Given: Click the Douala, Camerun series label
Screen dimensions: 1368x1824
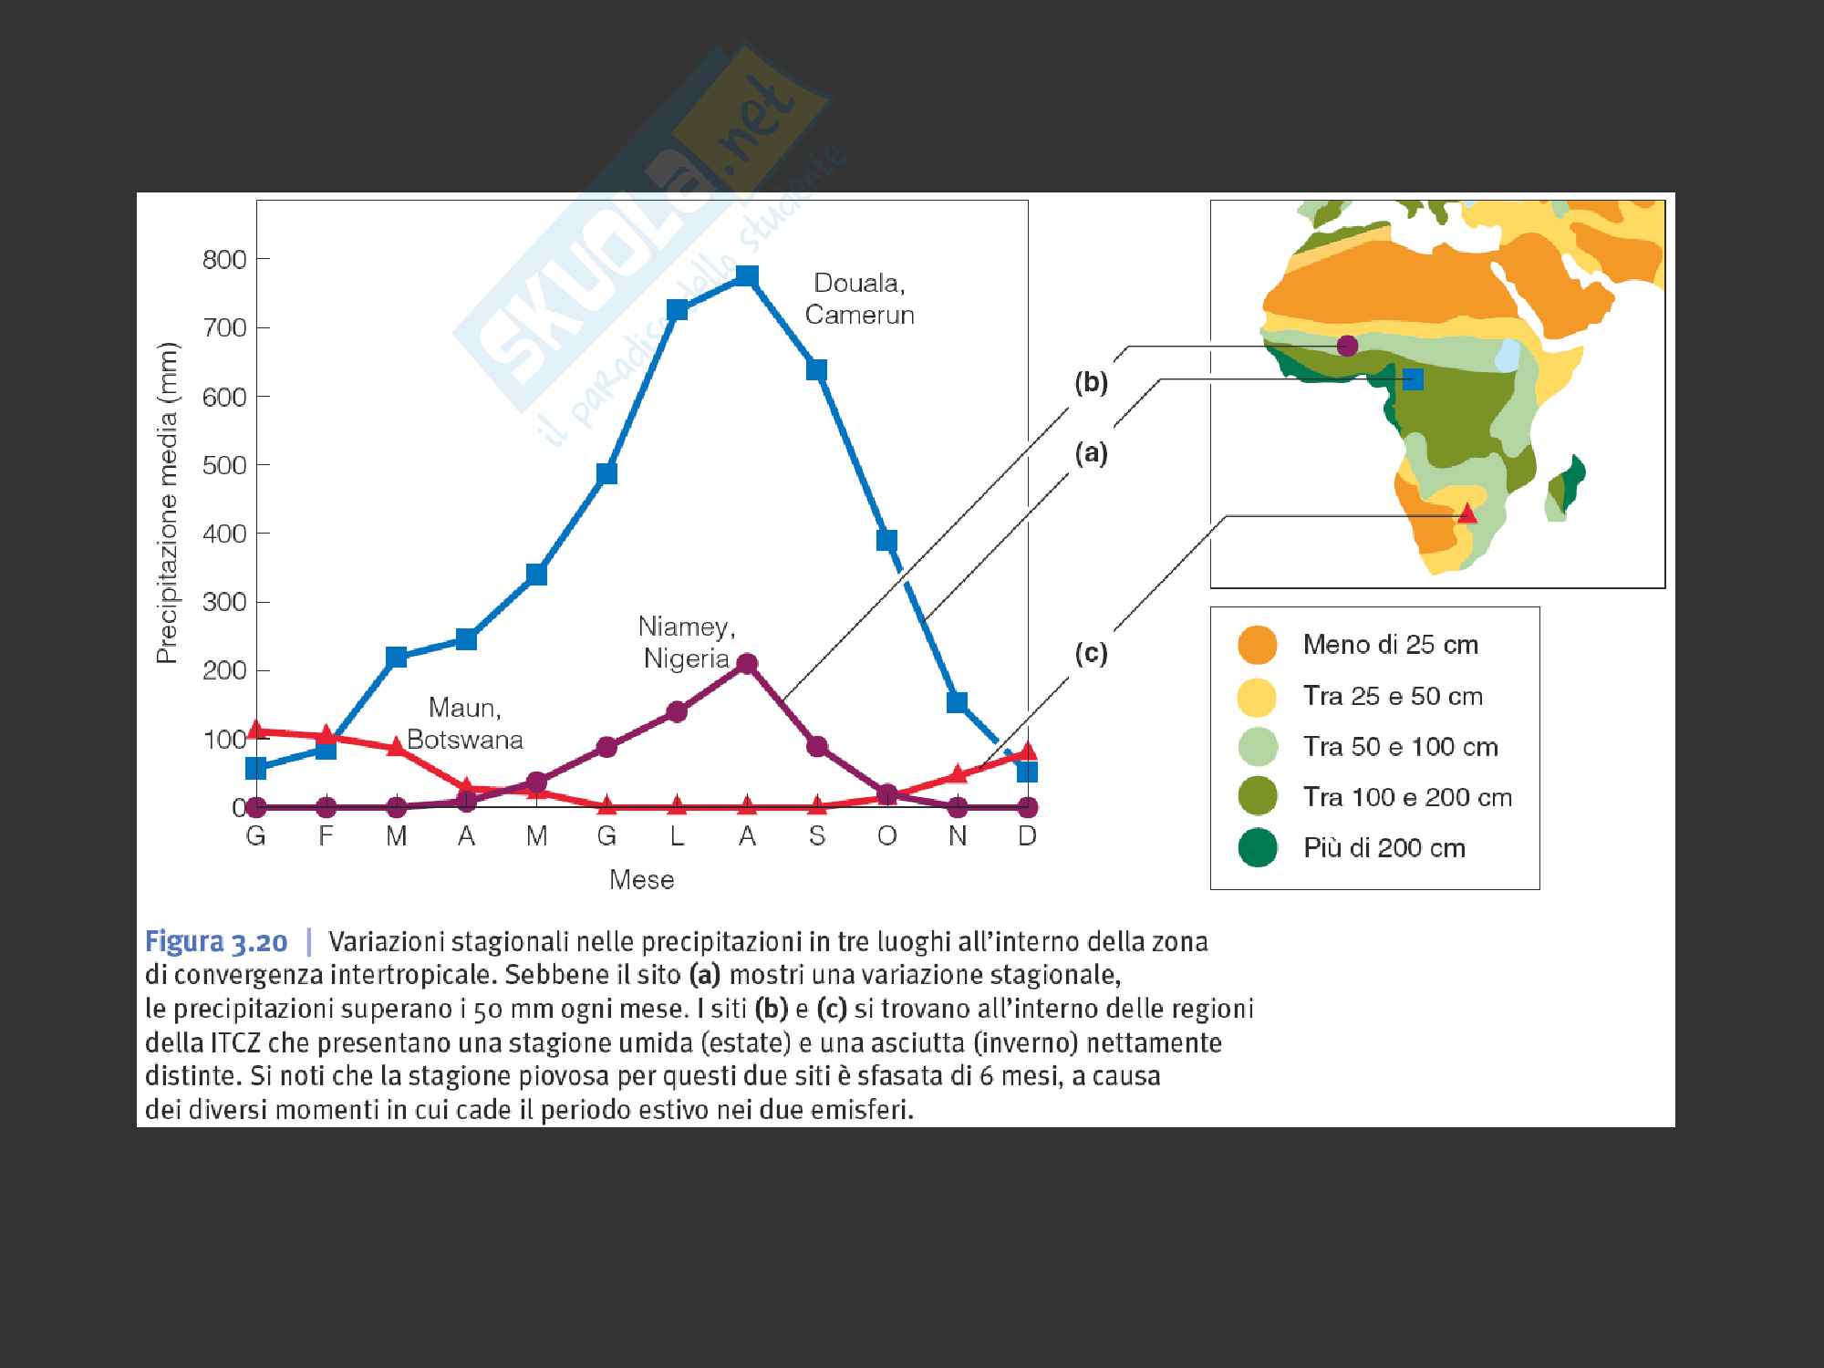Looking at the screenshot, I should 859,298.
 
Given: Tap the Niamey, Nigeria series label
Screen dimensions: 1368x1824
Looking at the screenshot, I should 687,642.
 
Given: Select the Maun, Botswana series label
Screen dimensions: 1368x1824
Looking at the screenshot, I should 465,723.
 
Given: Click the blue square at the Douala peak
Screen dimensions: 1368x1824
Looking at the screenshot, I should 747,275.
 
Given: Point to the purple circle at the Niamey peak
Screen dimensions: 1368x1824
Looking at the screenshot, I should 747,663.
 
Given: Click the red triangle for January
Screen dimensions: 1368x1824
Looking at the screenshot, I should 256,730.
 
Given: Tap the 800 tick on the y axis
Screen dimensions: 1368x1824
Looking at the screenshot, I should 224,260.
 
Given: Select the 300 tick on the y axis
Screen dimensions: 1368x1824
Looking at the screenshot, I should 224,602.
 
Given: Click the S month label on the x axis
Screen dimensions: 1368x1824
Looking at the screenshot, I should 817,836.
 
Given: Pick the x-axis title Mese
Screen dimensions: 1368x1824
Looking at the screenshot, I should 642,880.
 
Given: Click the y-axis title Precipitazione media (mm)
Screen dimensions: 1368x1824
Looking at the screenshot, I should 167,503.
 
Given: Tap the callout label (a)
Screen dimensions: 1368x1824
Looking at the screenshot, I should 1091,453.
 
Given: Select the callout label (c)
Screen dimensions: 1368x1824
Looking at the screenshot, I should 1091,654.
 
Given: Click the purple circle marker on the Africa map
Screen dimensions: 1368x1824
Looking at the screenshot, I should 1347,346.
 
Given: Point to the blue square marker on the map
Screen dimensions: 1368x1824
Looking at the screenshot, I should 1413,378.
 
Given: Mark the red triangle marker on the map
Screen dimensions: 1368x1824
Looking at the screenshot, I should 1466,513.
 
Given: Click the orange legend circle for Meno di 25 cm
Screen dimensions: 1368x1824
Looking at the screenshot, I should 1258,645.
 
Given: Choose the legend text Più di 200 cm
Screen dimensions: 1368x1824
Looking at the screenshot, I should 1384,848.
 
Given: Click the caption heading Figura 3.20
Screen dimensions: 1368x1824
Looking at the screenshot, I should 217,941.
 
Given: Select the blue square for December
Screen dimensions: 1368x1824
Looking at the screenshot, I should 1027,772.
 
